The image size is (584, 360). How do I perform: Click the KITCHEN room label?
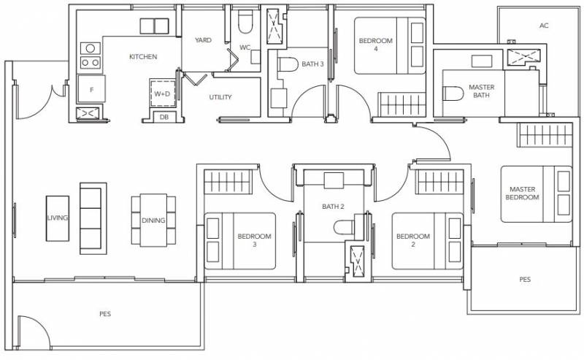[143, 57]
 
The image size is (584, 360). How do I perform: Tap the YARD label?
[203, 40]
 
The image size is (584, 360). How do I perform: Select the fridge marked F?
[91, 88]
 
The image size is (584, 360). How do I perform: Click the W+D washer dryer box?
[162, 93]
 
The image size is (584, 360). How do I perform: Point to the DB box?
[164, 117]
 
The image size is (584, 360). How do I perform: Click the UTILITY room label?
[220, 97]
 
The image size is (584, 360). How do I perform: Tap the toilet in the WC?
[245, 22]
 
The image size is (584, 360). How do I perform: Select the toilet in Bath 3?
[288, 64]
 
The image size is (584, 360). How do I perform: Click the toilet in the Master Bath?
[453, 93]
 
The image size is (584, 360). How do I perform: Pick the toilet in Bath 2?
[344, 227]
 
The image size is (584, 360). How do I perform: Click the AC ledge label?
[544, 26]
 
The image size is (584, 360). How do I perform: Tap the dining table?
[153, 221]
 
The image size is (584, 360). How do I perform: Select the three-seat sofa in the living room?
[93, 218]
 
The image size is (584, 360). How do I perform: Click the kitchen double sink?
[154, 26]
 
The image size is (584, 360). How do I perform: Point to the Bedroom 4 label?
[375, 45]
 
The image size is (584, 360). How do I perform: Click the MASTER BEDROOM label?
[522, 193]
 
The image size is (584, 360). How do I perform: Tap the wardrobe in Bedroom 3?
[228, 182]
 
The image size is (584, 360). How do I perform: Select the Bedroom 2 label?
[413, 240]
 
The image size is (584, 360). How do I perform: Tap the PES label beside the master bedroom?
[525, 280]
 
